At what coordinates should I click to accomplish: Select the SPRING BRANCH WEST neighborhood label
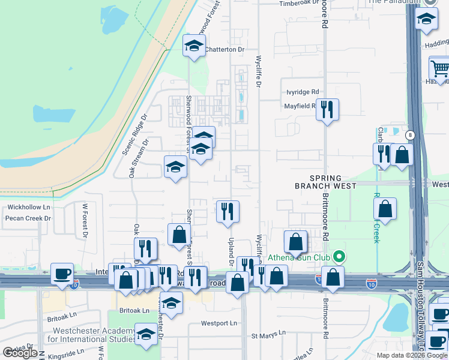click(x=326, y=182)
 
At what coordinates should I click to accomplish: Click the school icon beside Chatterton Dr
click(x=194, y=47)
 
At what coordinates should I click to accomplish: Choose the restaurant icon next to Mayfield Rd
click(x=327, y=110)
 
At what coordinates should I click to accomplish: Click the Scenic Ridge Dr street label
click(x=135, y=134)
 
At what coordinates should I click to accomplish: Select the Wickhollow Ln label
click(x=28, y=207)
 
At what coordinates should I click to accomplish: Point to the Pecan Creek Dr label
click(x=28, y=218)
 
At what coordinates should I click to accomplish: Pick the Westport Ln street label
click(x=219, y=323)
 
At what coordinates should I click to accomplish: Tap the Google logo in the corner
click(x=19, y=353)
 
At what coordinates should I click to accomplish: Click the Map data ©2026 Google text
click(x=411, y=355)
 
